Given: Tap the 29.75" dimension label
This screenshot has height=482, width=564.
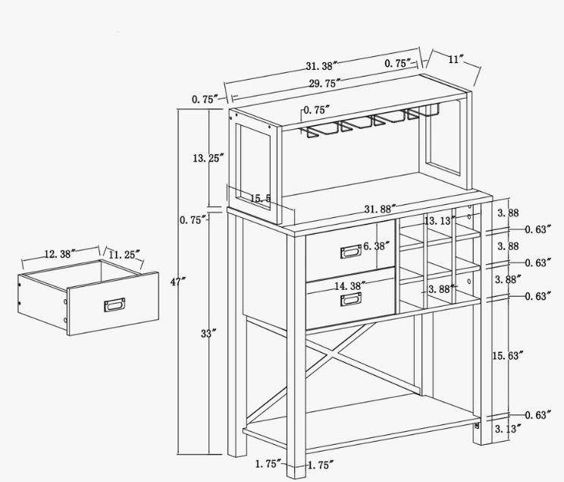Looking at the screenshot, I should pyautogui.click(x=324, y=83).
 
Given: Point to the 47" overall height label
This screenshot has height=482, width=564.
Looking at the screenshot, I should pyautogui.click(x=178, y=282).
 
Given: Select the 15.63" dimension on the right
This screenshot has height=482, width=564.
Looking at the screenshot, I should pyautogui.click(x=507, y=354).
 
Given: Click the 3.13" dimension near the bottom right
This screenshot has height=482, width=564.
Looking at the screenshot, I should pyautogui.click(x=506, y=430).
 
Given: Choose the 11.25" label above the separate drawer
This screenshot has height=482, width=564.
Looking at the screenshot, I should pyautogui.click(x=124, y=255).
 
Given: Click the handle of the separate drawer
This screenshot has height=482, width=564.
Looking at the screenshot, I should pyautogui.click(x=114, y=305).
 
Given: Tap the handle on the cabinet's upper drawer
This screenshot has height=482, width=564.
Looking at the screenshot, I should pyautogui.click(x=351, y=250).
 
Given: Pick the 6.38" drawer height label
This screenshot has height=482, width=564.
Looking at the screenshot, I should pyautogui.click(x=376, y=245).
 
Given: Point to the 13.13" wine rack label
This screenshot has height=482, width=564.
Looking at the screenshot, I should pyautogui.click(x=440, y=221).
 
